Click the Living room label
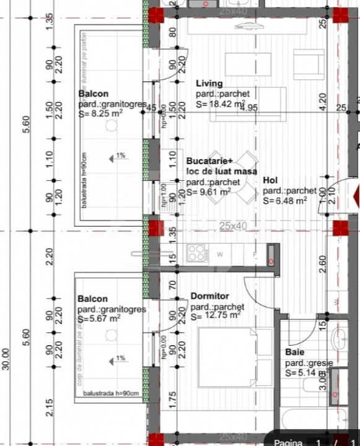[x=209, y=84]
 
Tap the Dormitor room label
[x=209, y=296]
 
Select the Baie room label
[x=294, y=352]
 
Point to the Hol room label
[x=270, y=180]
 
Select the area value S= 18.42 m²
[x=221, y=105]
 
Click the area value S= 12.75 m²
[x=216, y=315]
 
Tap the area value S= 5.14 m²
[x=306, y=374]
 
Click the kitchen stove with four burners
[x=197, y=253]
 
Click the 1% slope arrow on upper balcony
[x=117, y=157]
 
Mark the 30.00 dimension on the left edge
[x=6, y=359]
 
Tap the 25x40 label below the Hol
[x=232, y=227]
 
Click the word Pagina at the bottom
[x=289, y=442]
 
